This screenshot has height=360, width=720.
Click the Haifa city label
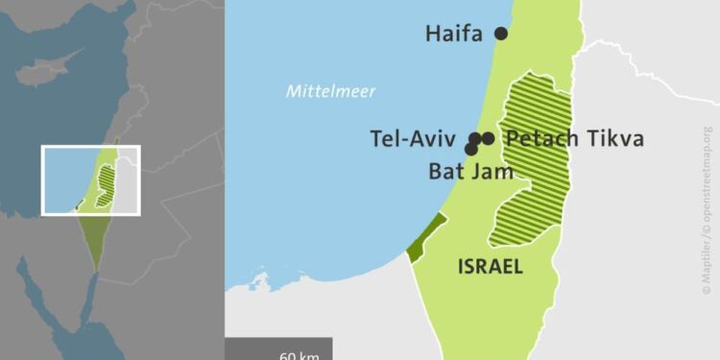pyautogui.click(x=456, y=35)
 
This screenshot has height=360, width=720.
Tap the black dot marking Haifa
pyautogui.click(x=500, y=34)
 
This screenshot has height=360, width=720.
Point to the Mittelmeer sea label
pyautogui.click(x=330, y=92)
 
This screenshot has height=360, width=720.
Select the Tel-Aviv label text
pyautogui.click(x=414, y=139)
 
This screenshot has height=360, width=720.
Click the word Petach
pyautogui.click(x=540, y=139)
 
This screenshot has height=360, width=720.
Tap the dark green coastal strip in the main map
pyautogui.click(x=426, y=236)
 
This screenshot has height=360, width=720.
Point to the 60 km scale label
pyautogui.click(x=299, y=355)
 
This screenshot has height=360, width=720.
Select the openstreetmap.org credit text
pyautogui.click(x=708, y=173)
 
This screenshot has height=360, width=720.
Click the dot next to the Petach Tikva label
pyautogui.click(x=488, y=138)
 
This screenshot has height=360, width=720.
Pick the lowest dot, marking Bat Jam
pyautogui.click(x=471, y=149)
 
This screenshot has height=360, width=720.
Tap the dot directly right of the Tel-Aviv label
pyautogui.click(x=475, y=138)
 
